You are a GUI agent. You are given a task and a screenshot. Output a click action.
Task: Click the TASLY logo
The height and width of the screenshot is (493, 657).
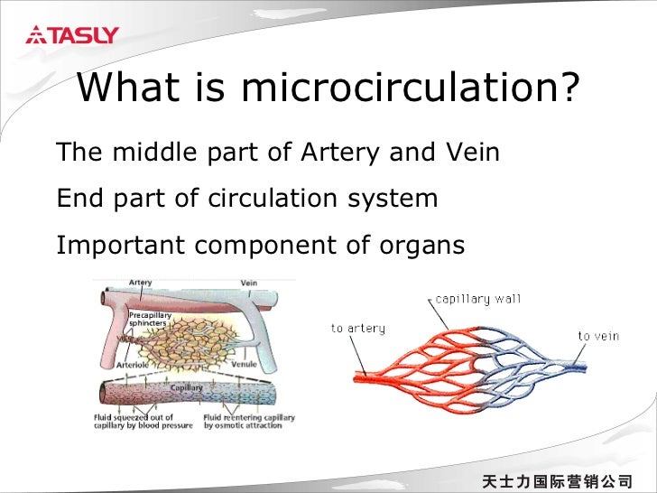pyautogui.click(x=72, y=36)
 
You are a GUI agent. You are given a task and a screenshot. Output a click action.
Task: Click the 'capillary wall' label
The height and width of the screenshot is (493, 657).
pyautogui.click(x=477, y=299)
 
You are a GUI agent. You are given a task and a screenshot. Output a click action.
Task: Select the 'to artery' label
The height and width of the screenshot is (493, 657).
pyautogui.click(x=357, y=329)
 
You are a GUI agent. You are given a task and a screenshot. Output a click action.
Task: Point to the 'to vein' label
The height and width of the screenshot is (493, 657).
pyautogui.click(x=598, y=336)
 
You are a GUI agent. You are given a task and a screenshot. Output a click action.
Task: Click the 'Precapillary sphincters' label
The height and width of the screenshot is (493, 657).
pyautogui.click(x=150, y=318)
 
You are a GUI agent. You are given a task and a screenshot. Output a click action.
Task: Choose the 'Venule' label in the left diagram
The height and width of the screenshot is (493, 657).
pyautogui.click(x=244, y=366)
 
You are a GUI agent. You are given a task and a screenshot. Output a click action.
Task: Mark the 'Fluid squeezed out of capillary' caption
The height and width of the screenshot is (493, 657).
pyautogui.click(x=143, y=421)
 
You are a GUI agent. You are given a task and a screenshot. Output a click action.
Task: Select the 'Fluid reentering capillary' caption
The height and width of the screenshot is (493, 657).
pyautogui.click(x=243, y=421)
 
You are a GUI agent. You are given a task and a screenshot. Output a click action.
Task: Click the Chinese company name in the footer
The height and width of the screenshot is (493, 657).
pyautogui.click(x=557, y=479)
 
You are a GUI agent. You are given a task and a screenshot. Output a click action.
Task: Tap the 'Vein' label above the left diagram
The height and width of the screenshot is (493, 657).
pyautogui.click(x=248, y=283)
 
